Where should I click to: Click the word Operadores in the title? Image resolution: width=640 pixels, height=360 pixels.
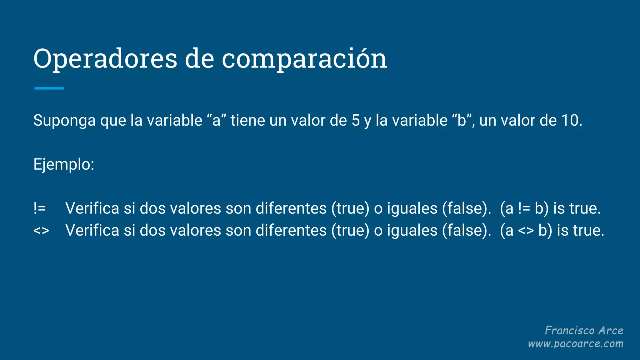(105, 59)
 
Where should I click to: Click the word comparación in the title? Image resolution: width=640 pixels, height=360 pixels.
(304, 59)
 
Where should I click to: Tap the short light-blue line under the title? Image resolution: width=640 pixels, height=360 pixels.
(49, 88)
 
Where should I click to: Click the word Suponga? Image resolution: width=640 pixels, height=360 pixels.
(64, 121)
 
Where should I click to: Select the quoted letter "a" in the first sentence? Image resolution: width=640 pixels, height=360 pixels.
(216, 121)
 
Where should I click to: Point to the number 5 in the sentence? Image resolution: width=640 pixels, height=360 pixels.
(356, 121)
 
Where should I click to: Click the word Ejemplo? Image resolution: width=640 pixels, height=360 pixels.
(64, 164)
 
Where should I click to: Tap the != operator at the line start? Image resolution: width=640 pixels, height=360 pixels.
(40, 208)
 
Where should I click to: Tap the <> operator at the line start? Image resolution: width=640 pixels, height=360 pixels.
(41, 231)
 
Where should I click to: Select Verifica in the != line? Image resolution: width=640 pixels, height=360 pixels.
(92, 208)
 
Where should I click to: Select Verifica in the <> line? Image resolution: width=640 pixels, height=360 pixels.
(92, 231)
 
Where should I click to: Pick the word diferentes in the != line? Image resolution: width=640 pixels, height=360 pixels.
(291, 208)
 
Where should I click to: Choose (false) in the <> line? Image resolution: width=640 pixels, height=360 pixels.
(466, 231)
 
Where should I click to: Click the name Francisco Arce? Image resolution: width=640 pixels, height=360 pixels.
(584, 330)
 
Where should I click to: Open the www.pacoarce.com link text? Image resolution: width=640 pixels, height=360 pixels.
(575, 344)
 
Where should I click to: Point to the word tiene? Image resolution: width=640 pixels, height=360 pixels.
(247, 121)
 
